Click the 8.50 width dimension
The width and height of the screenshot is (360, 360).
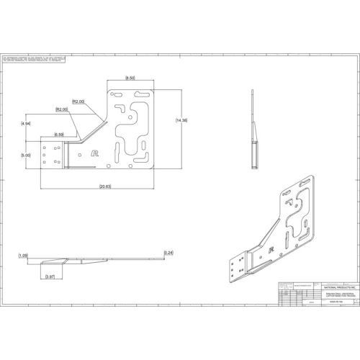click(x=130, y=77)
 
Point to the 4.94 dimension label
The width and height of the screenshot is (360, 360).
click(x=27, y=124)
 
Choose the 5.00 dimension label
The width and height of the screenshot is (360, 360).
click(x=27, y=155)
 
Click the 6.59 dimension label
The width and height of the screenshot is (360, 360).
click(x=59, y=135)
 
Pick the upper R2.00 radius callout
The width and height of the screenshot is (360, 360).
click(x=78, y=102)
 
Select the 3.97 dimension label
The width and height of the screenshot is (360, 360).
click(x=50, y=276)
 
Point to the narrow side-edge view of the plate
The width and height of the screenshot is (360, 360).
click(x=253, y=130)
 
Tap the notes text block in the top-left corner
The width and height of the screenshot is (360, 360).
click(x=34, y=57)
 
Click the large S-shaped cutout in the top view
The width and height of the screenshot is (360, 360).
click(x=134, y=130)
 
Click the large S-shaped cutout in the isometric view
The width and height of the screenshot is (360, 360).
click(x=296, y=216)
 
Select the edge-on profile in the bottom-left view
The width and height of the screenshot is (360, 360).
click(x=94, y=260)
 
